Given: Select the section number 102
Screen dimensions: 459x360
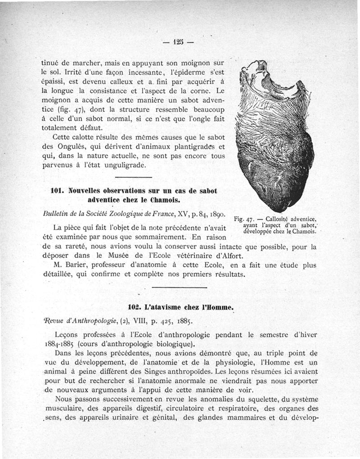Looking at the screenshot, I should (135, 307).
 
